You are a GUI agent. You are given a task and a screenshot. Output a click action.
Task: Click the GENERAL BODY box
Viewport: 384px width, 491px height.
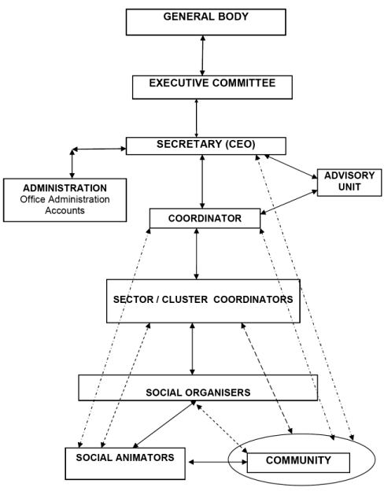coord(206,22)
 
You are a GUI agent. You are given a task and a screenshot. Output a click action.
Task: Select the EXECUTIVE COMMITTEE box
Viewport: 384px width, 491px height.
coord(212,87)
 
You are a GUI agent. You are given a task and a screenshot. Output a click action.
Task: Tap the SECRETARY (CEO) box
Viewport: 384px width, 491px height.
coord(206,146)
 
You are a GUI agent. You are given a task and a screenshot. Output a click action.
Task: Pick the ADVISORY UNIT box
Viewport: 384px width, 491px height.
coord(349,183)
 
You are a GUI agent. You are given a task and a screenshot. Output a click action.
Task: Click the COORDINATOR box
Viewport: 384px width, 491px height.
coord(205,218)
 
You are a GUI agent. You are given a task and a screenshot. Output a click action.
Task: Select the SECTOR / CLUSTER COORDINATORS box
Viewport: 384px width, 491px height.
coord(203,301)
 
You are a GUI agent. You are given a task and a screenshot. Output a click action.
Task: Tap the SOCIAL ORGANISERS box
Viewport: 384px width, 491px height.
coord(198,388)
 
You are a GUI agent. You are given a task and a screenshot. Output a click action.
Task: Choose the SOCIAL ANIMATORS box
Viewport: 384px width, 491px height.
coord(125,463)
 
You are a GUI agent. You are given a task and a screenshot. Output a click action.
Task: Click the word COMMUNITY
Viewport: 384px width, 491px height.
coord(298,460)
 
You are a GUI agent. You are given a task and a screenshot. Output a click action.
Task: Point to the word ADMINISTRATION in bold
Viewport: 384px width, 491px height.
coord(65,188)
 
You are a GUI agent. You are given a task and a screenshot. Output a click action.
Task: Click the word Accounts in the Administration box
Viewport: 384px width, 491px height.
coord(65,210)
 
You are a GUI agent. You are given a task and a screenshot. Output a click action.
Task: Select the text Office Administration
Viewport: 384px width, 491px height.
coord(65,200)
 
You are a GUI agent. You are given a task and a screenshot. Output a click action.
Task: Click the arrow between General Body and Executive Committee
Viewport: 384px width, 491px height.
coord(203,55)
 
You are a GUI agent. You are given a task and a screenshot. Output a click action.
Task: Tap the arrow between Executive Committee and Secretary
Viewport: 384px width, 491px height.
coord(197,118)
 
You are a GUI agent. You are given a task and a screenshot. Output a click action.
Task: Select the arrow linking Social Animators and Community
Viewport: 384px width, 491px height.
coord(218,462)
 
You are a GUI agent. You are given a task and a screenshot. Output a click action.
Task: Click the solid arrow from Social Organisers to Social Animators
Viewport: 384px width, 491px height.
coord(164,424)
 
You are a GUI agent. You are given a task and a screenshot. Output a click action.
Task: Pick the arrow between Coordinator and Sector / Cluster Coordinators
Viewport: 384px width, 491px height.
coord(197,253)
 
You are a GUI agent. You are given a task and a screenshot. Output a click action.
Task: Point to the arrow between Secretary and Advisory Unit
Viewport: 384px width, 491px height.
coord(291,167)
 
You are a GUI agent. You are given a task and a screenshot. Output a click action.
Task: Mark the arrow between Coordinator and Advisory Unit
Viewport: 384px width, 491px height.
coord(289,202)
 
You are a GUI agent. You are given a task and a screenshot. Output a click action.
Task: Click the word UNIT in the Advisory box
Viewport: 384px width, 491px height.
coord(349,187)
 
